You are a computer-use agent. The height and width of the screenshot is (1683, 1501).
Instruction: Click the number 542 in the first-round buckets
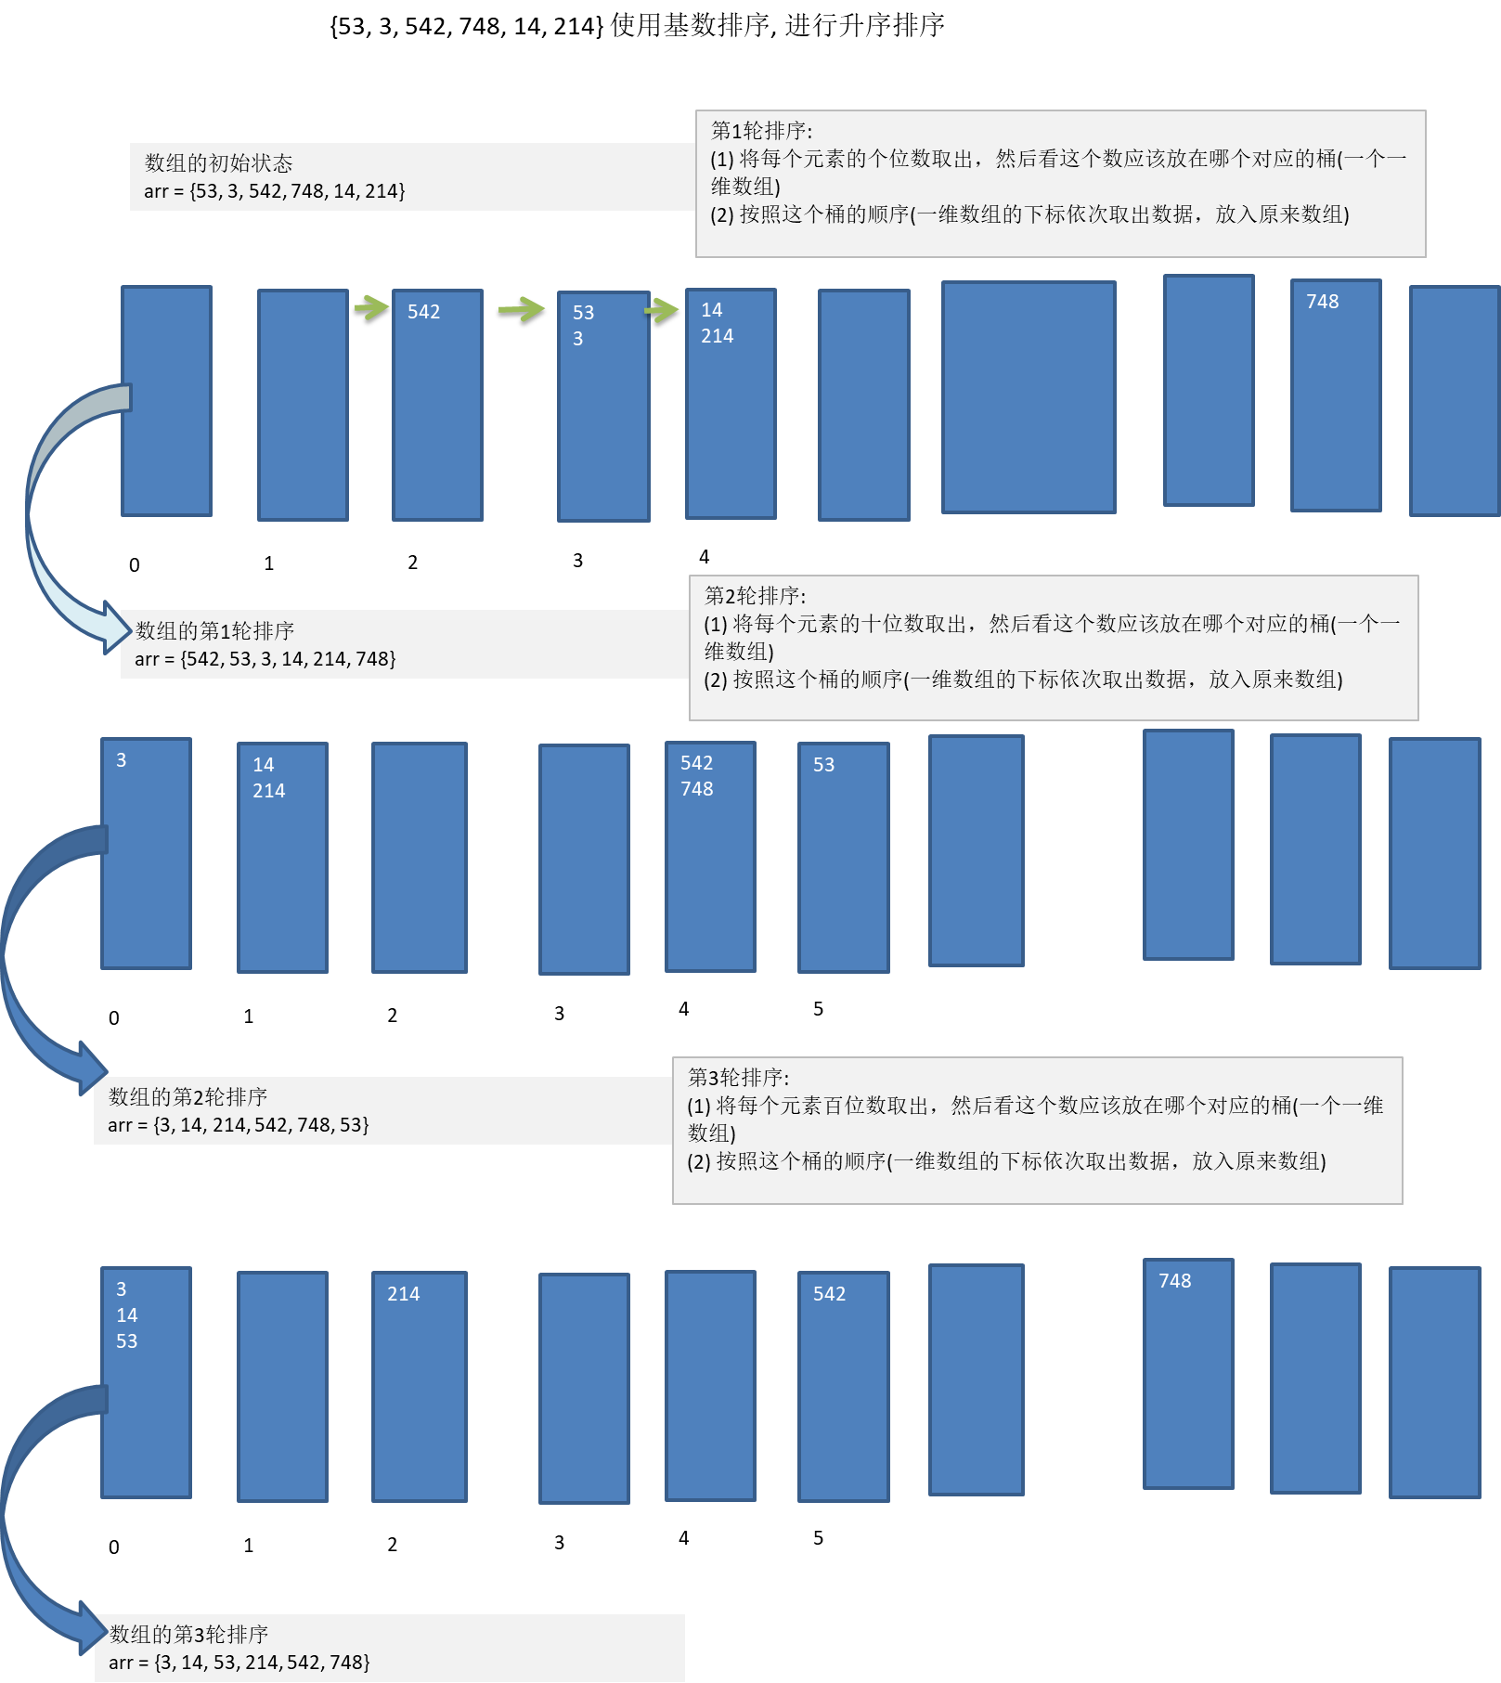click(x=423, y=312)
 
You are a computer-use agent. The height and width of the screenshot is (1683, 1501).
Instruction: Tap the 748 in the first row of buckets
click(x=1322, y=302)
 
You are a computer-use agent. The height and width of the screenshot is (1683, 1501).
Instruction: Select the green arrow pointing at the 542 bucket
click(x=371, y=306)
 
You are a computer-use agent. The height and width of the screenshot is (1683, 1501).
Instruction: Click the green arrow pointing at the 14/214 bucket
click(x=662, y=309)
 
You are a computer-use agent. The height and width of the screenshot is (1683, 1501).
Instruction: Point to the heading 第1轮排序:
click(x=761, y=131)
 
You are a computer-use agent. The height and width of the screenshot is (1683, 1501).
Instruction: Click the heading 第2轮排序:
click(x=755, y=595)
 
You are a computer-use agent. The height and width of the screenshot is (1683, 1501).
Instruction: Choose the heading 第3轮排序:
click(x=738, y=1078)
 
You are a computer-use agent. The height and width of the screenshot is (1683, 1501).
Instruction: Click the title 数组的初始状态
click(x=218, y=163)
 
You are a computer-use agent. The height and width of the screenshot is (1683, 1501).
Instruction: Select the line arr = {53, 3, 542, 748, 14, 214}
click(x=274, y=191)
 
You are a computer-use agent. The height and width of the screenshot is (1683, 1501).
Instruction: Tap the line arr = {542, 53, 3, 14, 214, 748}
click(x=265, y=659)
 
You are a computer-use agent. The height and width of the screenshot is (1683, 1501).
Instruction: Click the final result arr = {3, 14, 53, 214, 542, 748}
click(x=239, y=1662)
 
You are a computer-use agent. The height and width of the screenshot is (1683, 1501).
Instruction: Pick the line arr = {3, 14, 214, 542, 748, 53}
click(x=238, y=1125)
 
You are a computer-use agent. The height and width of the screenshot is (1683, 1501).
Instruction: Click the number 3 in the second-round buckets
click(x=121, y=760)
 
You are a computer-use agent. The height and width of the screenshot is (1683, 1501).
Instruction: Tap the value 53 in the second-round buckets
click(x=823, y=765)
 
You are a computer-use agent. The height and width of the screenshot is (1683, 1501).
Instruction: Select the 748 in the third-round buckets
click(x=1174, y=1281)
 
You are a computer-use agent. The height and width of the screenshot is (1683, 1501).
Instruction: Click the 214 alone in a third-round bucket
click(x=403, y=1294)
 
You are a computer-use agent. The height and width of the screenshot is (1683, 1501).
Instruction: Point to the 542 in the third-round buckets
click(x=829, y=1294)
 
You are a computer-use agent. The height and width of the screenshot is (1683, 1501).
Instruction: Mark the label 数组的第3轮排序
click(x=188, y=1634)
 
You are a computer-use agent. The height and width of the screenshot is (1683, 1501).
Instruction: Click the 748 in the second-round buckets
click(x=696, y=789)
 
